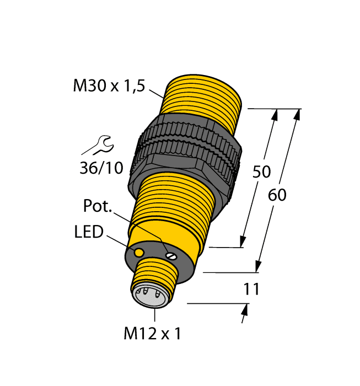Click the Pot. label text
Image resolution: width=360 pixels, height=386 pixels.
[98, 206]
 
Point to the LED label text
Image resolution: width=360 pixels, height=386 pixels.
[89, 232]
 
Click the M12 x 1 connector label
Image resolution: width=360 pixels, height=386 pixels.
[152, 334]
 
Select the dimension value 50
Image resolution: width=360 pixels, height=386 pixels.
[261, 172]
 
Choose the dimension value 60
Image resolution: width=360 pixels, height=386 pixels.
[277, 195]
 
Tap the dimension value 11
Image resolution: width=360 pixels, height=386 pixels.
[251, 289]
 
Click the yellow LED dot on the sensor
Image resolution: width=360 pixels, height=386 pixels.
[139, 252]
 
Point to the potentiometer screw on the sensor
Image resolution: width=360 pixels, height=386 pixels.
[172, 255]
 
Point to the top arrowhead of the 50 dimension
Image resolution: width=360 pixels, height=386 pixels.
[276, 114]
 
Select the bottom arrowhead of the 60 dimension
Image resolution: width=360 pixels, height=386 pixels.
[257, 267]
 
